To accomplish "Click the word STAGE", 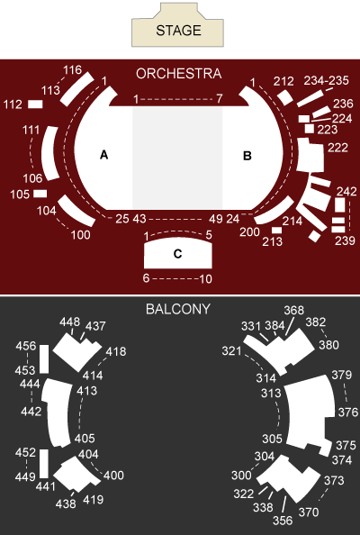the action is [x=178, y=31].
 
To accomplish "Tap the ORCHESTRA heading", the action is [x=178, y=74].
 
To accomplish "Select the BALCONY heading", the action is [x=178, y=309].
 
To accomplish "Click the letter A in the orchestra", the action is [x=104, y=155].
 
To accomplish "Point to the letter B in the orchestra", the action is [x=247, y=156].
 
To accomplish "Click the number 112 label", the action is [x=13, y=104].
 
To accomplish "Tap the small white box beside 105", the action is [x=40, y=194].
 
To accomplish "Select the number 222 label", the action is [x=337, y=148].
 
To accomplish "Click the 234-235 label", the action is [x=326, y=80].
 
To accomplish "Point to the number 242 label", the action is [x=346, y=191].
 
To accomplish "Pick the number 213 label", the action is [x=273, y=241].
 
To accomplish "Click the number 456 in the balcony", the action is [x=26, y=346].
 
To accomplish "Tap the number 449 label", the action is [x=25, y=477].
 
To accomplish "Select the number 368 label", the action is [x=294, y=310].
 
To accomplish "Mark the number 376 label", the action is [x=348, y=413].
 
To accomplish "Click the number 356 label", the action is [x=283, y=521].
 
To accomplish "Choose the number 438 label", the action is [x=66, y=503].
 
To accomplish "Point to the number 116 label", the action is [x=72, y=70].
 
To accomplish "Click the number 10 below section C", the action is [x=205, y=279].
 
